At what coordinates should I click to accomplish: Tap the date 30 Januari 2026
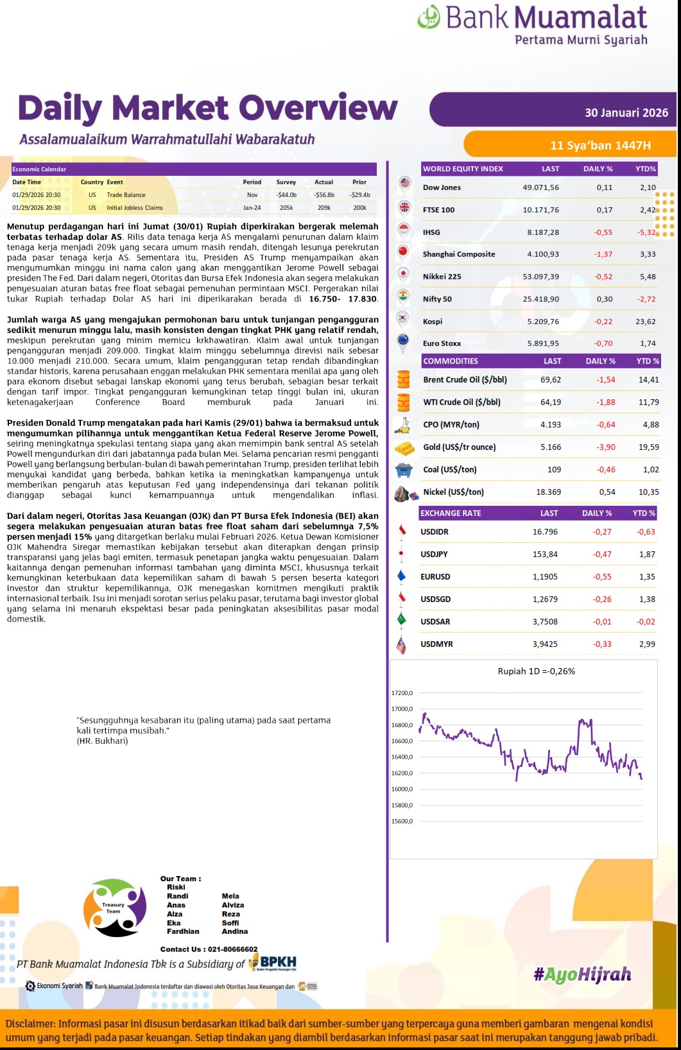point(626,113)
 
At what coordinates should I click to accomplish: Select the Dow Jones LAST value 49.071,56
point(540,187)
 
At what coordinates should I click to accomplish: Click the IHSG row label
point(431,232)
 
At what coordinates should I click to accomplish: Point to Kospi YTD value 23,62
point(645,322)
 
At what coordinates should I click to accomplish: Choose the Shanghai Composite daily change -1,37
point(603,254)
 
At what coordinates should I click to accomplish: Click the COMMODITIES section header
point(451,361)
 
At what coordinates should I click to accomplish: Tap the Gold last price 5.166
point(550,447)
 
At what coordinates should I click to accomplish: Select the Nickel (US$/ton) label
point(453,492)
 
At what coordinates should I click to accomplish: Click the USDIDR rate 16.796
point(545,532)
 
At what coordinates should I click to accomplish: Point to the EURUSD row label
point(435,577)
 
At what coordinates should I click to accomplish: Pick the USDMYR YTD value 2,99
point(646,644)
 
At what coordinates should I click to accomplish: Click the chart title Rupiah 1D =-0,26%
point(536,671)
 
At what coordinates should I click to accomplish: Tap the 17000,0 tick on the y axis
point(402,709)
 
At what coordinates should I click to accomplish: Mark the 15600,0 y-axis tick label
point(402,822)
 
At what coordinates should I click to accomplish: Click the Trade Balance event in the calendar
point(126,195)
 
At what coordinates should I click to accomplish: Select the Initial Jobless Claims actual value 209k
point(324,208)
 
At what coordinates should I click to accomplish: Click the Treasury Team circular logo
point(115,908)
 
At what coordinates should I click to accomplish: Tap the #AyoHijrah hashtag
point(582,975)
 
